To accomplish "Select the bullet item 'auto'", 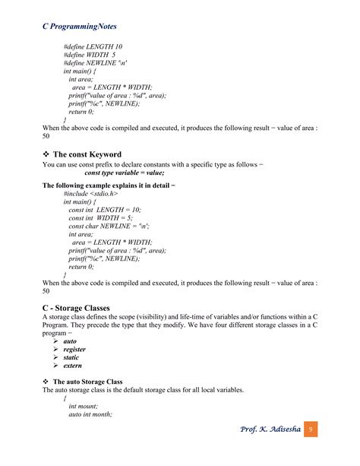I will point(70,341).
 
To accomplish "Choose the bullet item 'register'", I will point(74,349).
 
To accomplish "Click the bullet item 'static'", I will point(71,357).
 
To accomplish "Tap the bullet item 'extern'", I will point(73,366).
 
